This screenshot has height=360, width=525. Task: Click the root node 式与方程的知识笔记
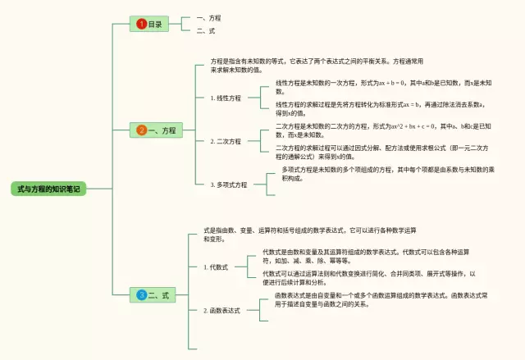(49, 189)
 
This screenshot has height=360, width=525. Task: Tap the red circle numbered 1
(141, 25)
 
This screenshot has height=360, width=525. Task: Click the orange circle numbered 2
(141, 130)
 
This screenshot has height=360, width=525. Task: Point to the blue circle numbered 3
(141, 294)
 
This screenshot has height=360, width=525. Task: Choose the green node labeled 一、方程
(157, 130)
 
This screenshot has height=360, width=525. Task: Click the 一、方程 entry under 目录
(209, 17)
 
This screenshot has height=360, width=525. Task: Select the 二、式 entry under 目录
(206, 30)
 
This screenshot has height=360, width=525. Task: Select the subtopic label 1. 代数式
(216, 267)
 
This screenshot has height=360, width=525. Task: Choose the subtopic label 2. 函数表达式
(221, 311)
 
